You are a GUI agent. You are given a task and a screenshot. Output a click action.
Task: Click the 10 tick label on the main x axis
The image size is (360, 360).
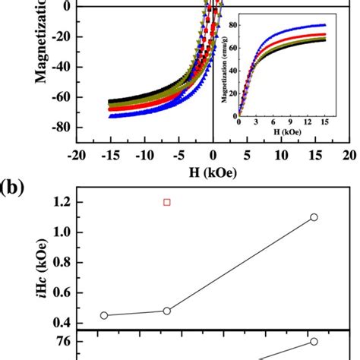[x=280, y=155]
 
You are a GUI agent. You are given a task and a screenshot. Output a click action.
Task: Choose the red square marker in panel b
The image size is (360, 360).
[x=167, y=202]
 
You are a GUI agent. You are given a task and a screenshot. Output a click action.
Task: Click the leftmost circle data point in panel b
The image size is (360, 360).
[x=104, y=315]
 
